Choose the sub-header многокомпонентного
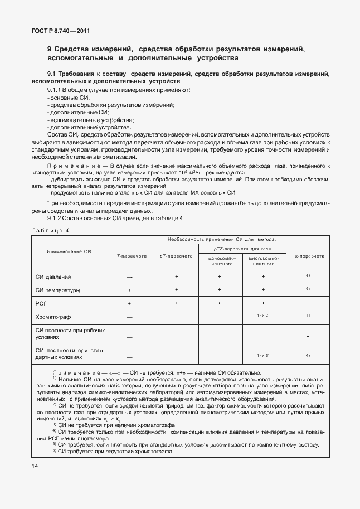pos(263,261)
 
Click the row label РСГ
pos(42,303)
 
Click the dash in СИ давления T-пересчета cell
pos(129,277)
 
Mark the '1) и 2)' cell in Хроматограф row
pos(263,316)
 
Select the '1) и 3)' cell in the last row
pos(263,355)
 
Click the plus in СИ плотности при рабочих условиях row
pos(308,337)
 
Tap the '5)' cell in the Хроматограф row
pos(308,316)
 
